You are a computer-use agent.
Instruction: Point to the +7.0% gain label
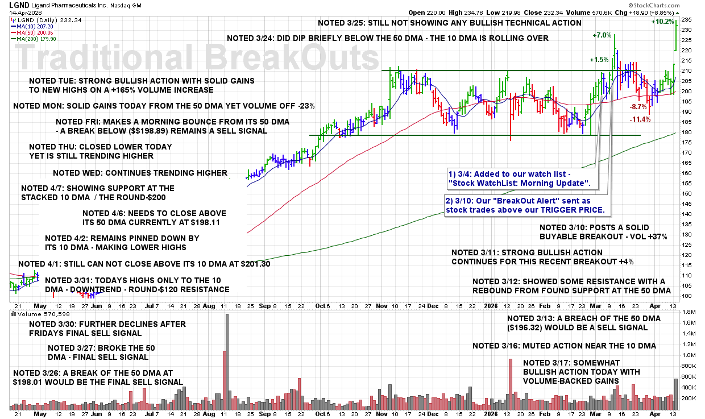[x=602, y=35]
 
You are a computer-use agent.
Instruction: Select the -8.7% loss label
[x=638, y=107]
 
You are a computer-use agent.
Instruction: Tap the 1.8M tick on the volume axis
[x=687, y=313]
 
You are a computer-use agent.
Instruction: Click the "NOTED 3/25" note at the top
[x=449, y=23]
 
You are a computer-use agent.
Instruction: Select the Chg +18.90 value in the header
[x=648, y=13]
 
